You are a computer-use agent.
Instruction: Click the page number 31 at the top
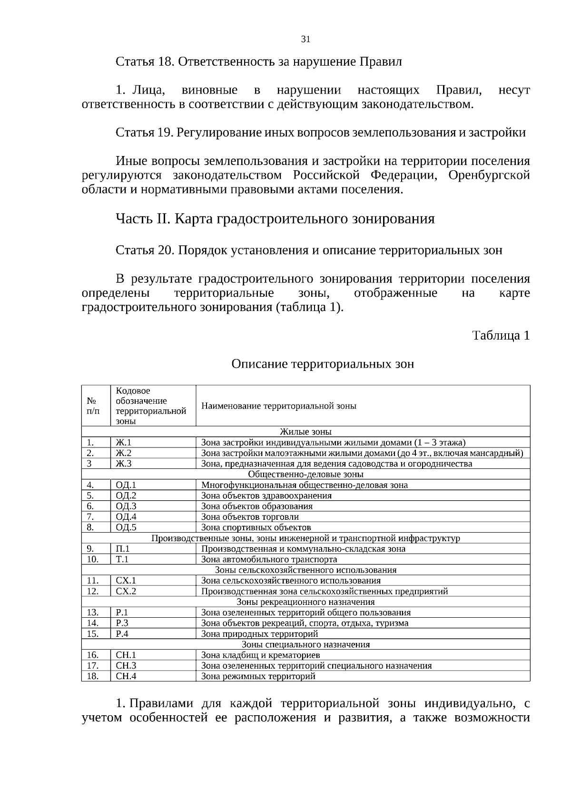pyautogui.click(x=305, y=39)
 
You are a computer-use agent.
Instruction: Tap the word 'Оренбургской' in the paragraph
pyautogui.click(x=489, y=175)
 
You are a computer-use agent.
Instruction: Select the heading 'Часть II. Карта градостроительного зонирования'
pyautogui.click(x=275, y=219)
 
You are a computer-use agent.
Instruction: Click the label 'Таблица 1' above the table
pyautogui.click(x=501, y=335)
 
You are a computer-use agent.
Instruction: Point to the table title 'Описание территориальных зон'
pyautogui.click(x=323, y=364)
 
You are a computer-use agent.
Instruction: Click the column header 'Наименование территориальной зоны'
pyautogui.click(x=279, y=406)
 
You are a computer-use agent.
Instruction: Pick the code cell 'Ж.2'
pyautogui.click(x=124, y=453)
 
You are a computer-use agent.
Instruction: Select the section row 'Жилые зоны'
pyautogui.click(x=305, y=432)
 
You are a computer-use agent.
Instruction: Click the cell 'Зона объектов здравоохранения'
pyautogui.click(x=266, y=496)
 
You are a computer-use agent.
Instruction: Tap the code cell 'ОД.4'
pyautogui.click(x=126, y=517)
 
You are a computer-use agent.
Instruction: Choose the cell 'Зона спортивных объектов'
pyautogui.click(x=256, y=527)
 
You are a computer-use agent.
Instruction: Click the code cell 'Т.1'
pyautogui.click(x=122, y=559)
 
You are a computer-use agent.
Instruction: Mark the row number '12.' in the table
pyautogui.click(x=93, y=591)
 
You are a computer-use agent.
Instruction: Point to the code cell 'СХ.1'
pyautogui.click(x=126, y=581)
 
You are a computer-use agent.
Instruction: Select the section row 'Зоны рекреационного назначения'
pyautogui.click(x=305, y=602)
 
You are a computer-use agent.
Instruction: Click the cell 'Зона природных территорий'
pyautogui.click(x=259, y=634)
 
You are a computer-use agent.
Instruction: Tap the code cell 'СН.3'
pyautogui.click(x=126, y=666)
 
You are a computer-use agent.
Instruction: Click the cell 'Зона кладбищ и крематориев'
pyautogui.click(x=261, y=655)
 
